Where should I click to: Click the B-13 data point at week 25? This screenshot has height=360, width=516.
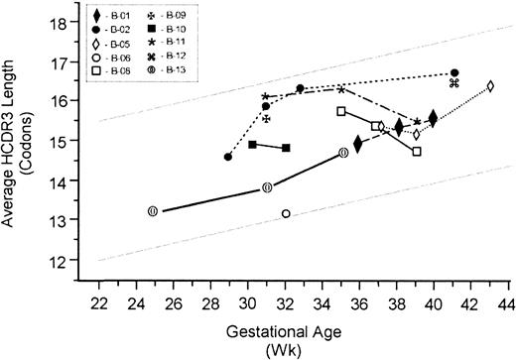click(153, 211)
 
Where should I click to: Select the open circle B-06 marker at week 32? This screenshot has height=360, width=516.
click(286, 213)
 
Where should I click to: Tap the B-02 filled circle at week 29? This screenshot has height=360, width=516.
click(228, 157)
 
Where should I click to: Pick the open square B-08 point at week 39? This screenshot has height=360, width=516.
click(417, 152)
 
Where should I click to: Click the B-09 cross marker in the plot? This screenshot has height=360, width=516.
click(266, 118)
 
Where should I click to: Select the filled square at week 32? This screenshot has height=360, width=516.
click(286, 148)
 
